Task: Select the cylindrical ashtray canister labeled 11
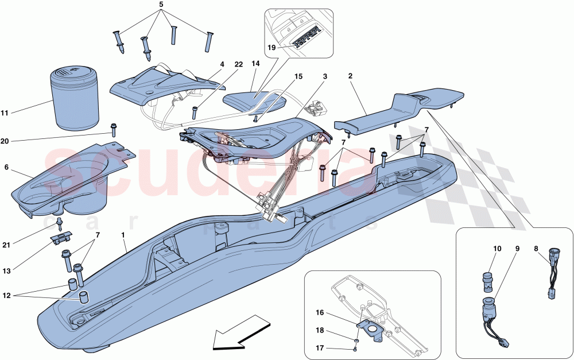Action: [76, 98]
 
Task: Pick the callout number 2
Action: [350, 75]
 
